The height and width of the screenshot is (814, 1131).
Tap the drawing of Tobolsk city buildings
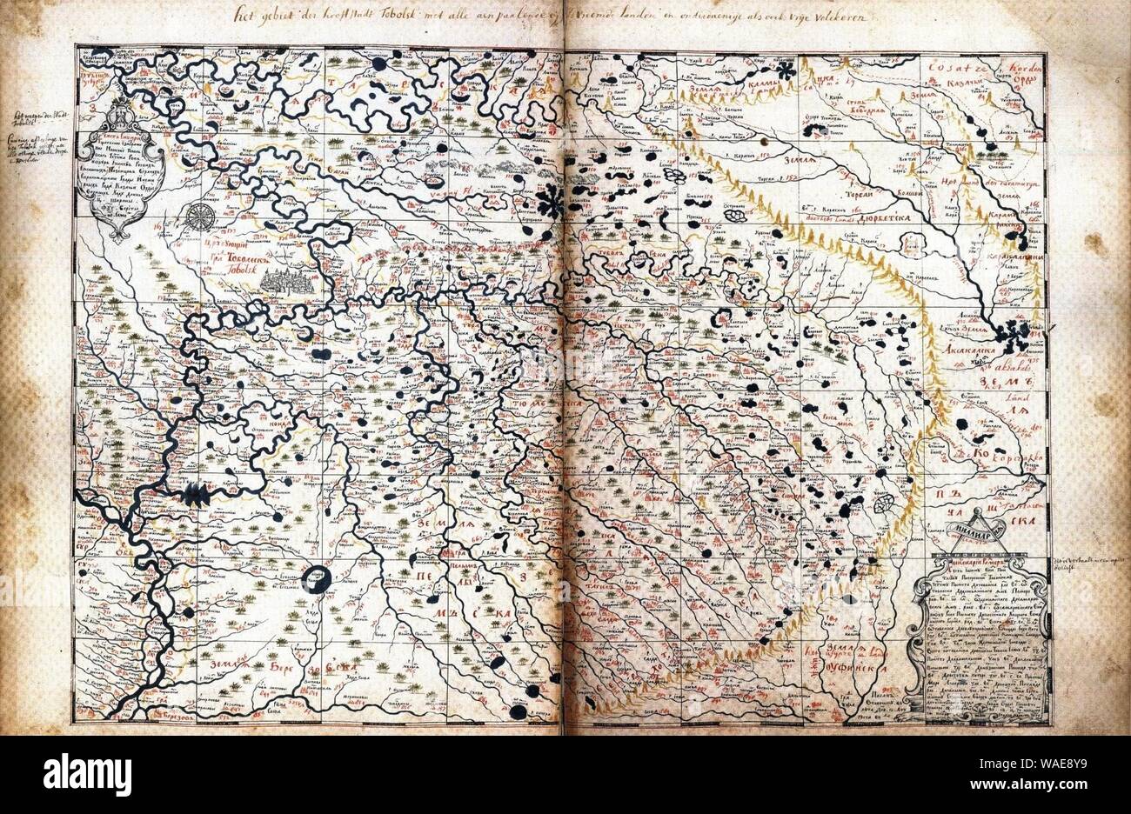point(293,284)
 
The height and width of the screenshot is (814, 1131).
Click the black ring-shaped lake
point(318,580)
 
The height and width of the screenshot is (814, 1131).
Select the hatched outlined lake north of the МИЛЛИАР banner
point(887,503)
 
